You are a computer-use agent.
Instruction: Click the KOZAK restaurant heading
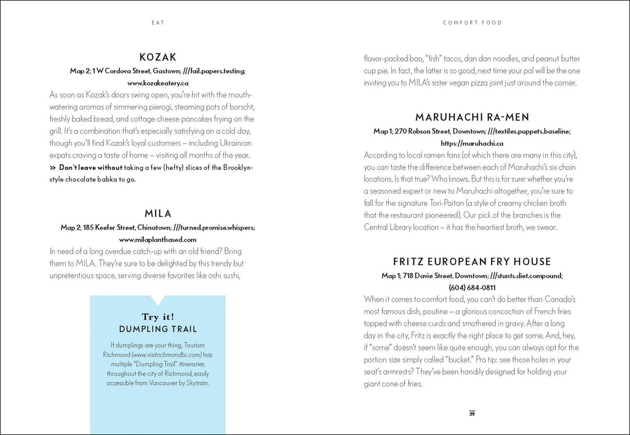157,57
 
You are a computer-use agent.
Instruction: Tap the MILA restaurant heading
157,214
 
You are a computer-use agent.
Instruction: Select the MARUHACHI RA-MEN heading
472,117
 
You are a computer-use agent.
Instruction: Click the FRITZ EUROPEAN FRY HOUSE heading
472,261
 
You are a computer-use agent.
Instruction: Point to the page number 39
472,413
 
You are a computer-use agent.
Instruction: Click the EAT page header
157,23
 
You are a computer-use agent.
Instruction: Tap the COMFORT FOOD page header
472,23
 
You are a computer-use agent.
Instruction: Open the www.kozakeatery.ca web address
157,82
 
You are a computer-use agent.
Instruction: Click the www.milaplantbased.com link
157,239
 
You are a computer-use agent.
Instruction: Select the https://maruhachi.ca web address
472,143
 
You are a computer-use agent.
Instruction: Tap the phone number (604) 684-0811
472,287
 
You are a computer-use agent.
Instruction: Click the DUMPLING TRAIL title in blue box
157,329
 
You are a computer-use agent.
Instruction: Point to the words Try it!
157,317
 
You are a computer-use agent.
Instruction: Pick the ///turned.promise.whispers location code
214,228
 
